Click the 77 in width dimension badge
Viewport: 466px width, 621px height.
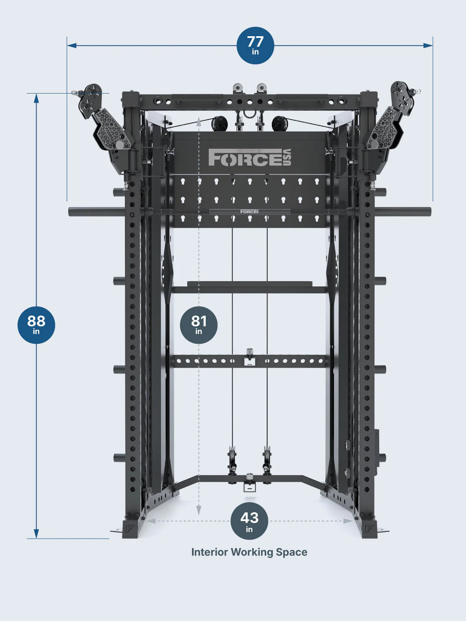coord(255,45)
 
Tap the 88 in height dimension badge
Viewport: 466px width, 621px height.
coord(36,325)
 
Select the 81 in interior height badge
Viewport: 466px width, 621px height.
coord(198,325)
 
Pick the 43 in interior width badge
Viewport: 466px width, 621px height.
coord(249,521)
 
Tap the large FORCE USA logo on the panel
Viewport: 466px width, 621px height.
coord(250,157)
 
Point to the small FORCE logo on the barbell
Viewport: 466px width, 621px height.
coord(249,211)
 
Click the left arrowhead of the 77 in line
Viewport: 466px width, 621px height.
coord(72,45)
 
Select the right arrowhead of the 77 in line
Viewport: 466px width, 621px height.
coord(428,45)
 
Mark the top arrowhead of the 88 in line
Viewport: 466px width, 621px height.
coord(36,98)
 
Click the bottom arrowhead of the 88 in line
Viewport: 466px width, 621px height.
coord(36,533)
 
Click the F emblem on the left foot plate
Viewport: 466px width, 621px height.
coord(130,528)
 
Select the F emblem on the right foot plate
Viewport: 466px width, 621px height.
coord(369,528)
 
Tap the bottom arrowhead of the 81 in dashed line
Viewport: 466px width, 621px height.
coord(198,511)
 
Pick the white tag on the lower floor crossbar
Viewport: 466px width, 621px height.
coord(249,487)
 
